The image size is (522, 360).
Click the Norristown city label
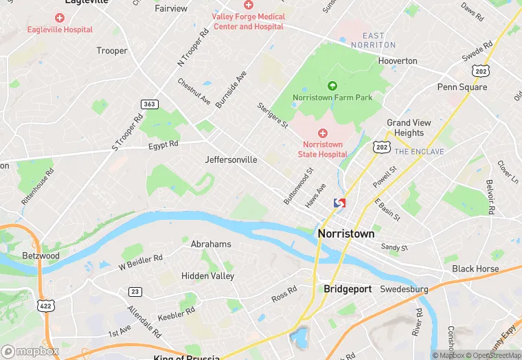(x=346, y=234)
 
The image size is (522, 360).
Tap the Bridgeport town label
(x=348, y=289)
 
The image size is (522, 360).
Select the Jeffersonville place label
(x=231, y=159)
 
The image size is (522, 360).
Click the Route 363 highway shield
(x=149, y=104)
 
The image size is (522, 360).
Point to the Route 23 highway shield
(x=135, y=292)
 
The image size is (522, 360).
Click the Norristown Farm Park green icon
(x=332, y=86)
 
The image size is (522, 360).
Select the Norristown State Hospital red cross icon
(x=322, y=132)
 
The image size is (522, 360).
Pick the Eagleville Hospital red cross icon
(x=60, y=17)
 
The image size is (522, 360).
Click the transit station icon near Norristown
(x=339, y=203)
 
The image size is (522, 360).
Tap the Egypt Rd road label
(x=163, y=145)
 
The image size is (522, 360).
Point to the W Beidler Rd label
(x=140, y=261)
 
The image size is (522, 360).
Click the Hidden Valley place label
(x=207, y=275)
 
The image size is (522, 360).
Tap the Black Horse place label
(x=475, y=269)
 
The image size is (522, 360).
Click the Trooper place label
(x=112, y=51)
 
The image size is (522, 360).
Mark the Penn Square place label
(x=462, y=87)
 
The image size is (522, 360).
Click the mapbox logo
(x=30, y=350)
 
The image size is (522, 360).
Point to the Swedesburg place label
(x=404, y=289)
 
